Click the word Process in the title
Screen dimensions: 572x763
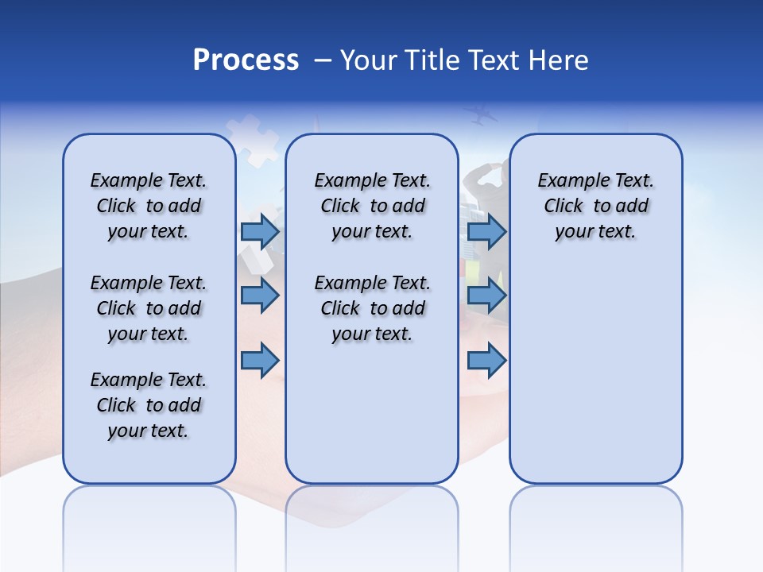(x=246, y=60)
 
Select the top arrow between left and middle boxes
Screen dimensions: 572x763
(x=260, y=232)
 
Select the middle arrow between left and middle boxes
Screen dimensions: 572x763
(x=260, y=296)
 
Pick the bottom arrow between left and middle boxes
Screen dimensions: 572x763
(x=260, y=361)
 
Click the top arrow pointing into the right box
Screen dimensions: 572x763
(x=486, y=232)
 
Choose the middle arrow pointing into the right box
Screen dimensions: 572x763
(x=486, y=296)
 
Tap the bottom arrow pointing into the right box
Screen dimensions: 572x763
(x=486, y=361)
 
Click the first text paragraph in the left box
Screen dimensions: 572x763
(x=149, y=206)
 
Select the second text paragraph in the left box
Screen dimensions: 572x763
(x=149, y=308)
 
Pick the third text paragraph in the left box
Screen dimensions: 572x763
(x=149, y=405)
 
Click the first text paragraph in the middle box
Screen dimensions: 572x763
(x=373, y=206)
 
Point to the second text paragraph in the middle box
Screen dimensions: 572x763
(x=373, y=308)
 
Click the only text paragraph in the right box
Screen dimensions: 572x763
(x=596, y=206)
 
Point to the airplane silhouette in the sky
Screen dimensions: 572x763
(x=482, y=115)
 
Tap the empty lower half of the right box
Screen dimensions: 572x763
(x=596, y=373)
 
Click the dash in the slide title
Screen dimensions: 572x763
(x=323, y=60)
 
